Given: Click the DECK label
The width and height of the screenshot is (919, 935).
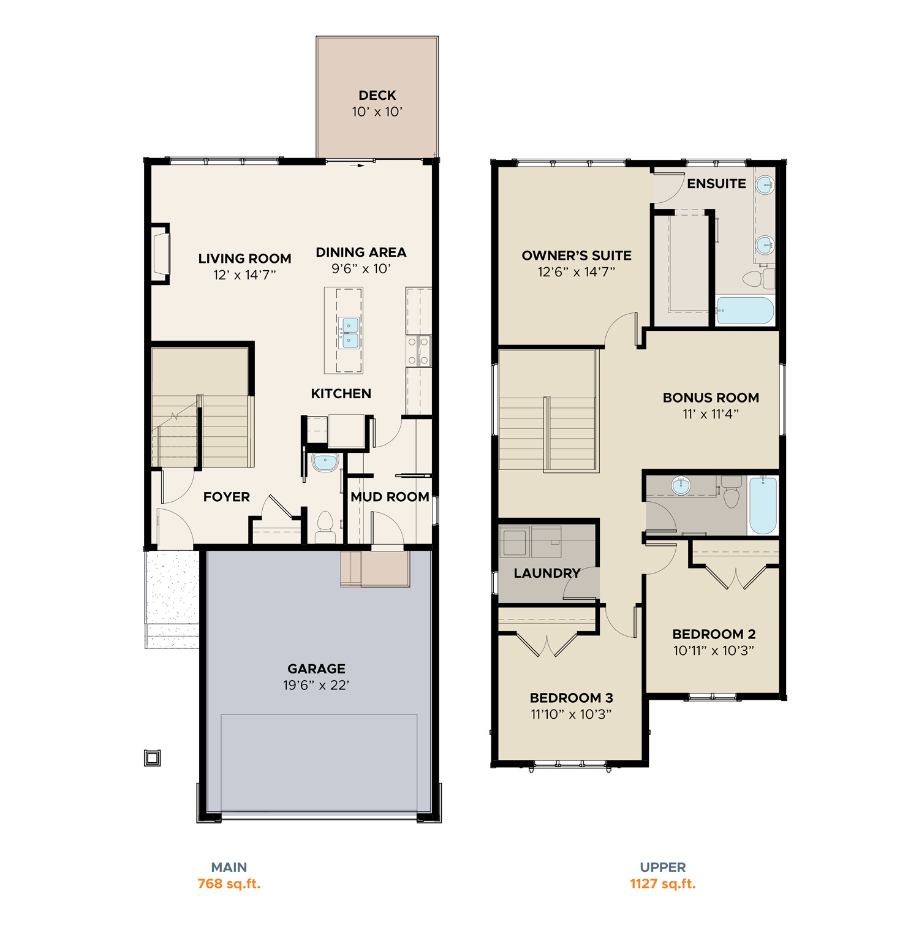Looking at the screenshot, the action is click(377, 96).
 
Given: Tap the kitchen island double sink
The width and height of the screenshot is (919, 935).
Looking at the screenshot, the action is click(350, 333).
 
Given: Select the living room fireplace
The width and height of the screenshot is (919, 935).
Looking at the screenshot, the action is click(161, 254).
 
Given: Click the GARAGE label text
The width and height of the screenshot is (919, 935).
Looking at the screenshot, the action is click(316, 669).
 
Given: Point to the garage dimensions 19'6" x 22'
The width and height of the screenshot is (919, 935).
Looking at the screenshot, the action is click(316, 686).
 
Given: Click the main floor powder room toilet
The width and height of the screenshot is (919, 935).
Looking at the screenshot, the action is click(325, 527).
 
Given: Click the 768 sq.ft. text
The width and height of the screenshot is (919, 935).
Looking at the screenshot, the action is click(229, 884).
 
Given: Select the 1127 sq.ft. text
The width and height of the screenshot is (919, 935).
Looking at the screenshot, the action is click(663, 884).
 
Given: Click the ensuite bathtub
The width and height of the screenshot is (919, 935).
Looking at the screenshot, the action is click(745, 311).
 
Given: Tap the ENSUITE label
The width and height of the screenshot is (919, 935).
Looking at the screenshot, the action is click(716, 184).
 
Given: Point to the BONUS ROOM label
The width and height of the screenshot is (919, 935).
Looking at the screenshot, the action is click(711, 398).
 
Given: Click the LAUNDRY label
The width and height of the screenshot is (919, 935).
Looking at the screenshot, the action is click(546, 573).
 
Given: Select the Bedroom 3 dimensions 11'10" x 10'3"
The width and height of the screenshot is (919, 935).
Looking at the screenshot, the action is click(571, 714).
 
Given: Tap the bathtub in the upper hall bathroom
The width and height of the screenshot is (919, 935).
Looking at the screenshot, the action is click(763, 505).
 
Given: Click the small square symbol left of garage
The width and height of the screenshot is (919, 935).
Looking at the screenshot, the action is click(153, 758).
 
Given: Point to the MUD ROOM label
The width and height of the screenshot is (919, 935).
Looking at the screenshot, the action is click(390, 497).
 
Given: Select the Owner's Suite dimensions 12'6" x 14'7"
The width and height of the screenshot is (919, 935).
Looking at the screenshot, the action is click(577, 272).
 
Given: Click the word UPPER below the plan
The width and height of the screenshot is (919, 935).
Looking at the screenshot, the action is click(663, 868).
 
